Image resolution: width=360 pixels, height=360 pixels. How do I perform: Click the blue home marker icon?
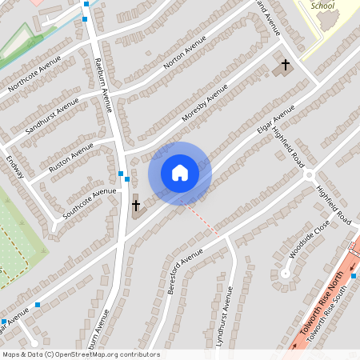[x=180, y=173]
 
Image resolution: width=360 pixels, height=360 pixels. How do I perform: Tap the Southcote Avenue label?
[x=90, y=203]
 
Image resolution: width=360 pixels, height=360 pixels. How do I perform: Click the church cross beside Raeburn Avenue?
[x=136, y=206]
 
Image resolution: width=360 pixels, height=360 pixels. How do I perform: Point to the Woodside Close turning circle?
[x=285, y=273]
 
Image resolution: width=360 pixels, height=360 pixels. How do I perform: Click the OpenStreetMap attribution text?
[x=81, y=354]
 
